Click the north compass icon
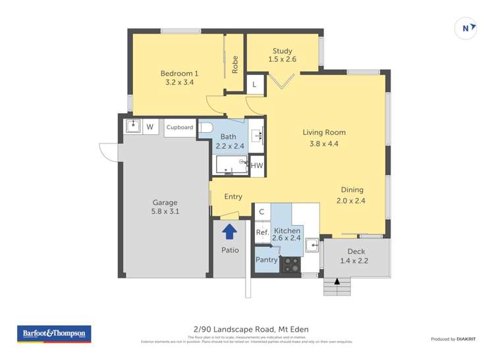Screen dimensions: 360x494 [466, 28]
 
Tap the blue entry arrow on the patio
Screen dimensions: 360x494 [230, 231]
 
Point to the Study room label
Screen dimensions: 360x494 [282, 51]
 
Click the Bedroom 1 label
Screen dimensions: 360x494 [179, 73]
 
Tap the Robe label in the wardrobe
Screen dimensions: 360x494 [234, 64]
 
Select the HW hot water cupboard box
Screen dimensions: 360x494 [257, 166]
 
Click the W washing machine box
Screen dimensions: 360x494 [150, 126]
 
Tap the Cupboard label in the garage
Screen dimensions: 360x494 [179, 127]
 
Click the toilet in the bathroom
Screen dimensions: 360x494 [205, 128]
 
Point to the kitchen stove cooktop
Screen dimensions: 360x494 [290, 264]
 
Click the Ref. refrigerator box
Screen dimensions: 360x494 [262, 232]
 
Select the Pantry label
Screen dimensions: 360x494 [267, 259]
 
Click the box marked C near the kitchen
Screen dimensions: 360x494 [261, 211]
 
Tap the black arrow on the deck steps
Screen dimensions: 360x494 [337, 282]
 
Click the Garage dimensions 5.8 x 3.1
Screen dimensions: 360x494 [165, 212]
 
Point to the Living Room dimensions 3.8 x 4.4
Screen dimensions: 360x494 [323, 143]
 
